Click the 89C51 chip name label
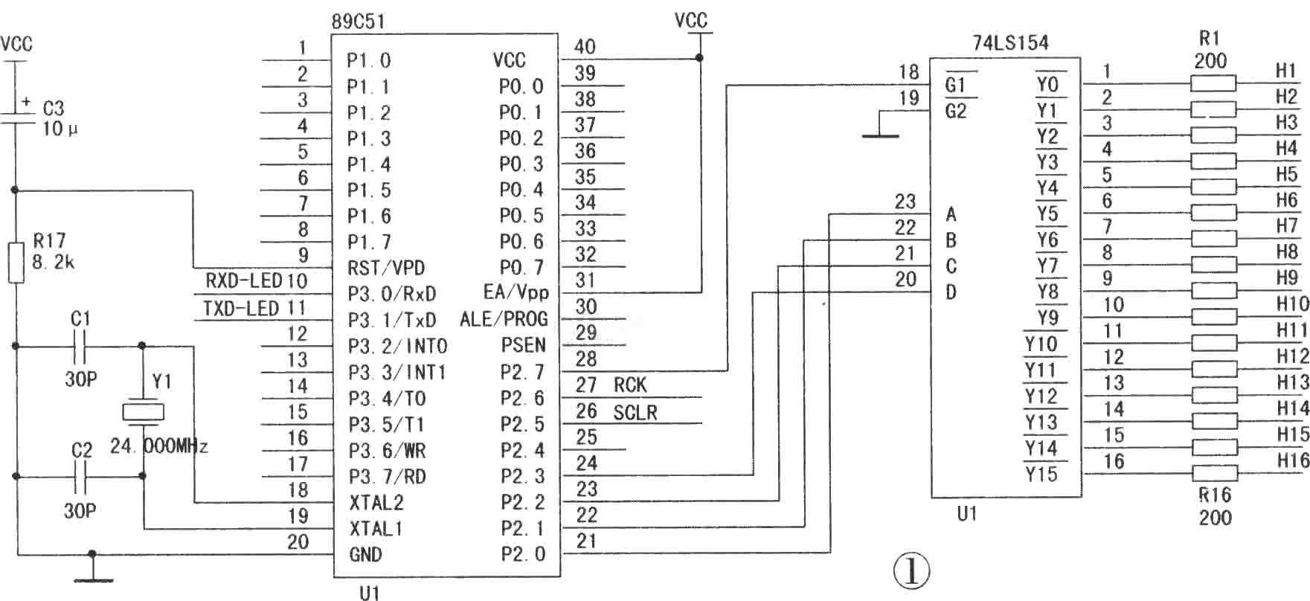(x=359, y=22)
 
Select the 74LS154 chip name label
(x=1010, y=43)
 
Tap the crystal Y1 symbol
(x=142, y=411)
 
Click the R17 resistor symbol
(x=16, y=263)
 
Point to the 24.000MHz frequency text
(x=159, y=446)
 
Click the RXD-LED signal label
(x=243, y=280)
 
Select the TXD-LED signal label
(x=242, y=308)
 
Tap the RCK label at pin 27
(x=630, y=385)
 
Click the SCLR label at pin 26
(x=635, y=412)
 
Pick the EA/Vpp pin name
(x=515, y=293)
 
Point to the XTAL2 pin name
(x=376, y=503)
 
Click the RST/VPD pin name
(x=387, y=268)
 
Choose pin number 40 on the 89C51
(x=585, y=47)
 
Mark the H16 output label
(x=1293, y=461)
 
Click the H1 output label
(x=1286, y=71)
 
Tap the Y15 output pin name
(x=1041, y=474)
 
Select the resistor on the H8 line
(x=1213, y=265)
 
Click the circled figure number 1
(x=911, y=571)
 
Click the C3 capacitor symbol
(x=15, y=114)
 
